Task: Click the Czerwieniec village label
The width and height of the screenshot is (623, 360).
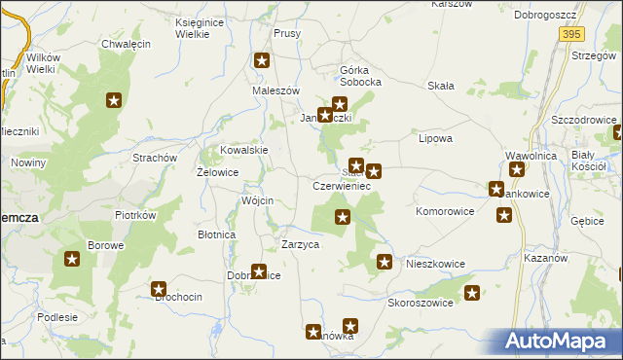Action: pyautogui.click(x=340, y=185)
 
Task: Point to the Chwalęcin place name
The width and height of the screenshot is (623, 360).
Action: pyautogui.click(x=125, y=45)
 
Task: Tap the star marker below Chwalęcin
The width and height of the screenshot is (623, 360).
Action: pyautogui.click(x=114, y=99)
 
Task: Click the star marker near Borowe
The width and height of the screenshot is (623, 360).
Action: pyautogui.click(x=72, y=259)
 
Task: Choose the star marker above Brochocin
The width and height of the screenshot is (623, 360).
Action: pyautogui.click(x=159, y=289)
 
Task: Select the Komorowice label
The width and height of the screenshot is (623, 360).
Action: pyautogui.click(x=445, y=210)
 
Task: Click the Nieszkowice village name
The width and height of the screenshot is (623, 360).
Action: pyautogui.click(x=436, y=264)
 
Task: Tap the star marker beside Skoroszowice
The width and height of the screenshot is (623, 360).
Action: pyautogui.click(x=472, y=292)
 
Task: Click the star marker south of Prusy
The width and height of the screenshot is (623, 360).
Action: pyautogui.click(x=262, y=61)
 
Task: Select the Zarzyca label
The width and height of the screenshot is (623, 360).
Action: pyautogui.click(x=300, y=244)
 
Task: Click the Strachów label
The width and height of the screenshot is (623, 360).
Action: pyautogui.click(x=154, y=157)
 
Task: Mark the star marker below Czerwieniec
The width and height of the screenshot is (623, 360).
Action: pyautogui.click(x=343, y=217)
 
